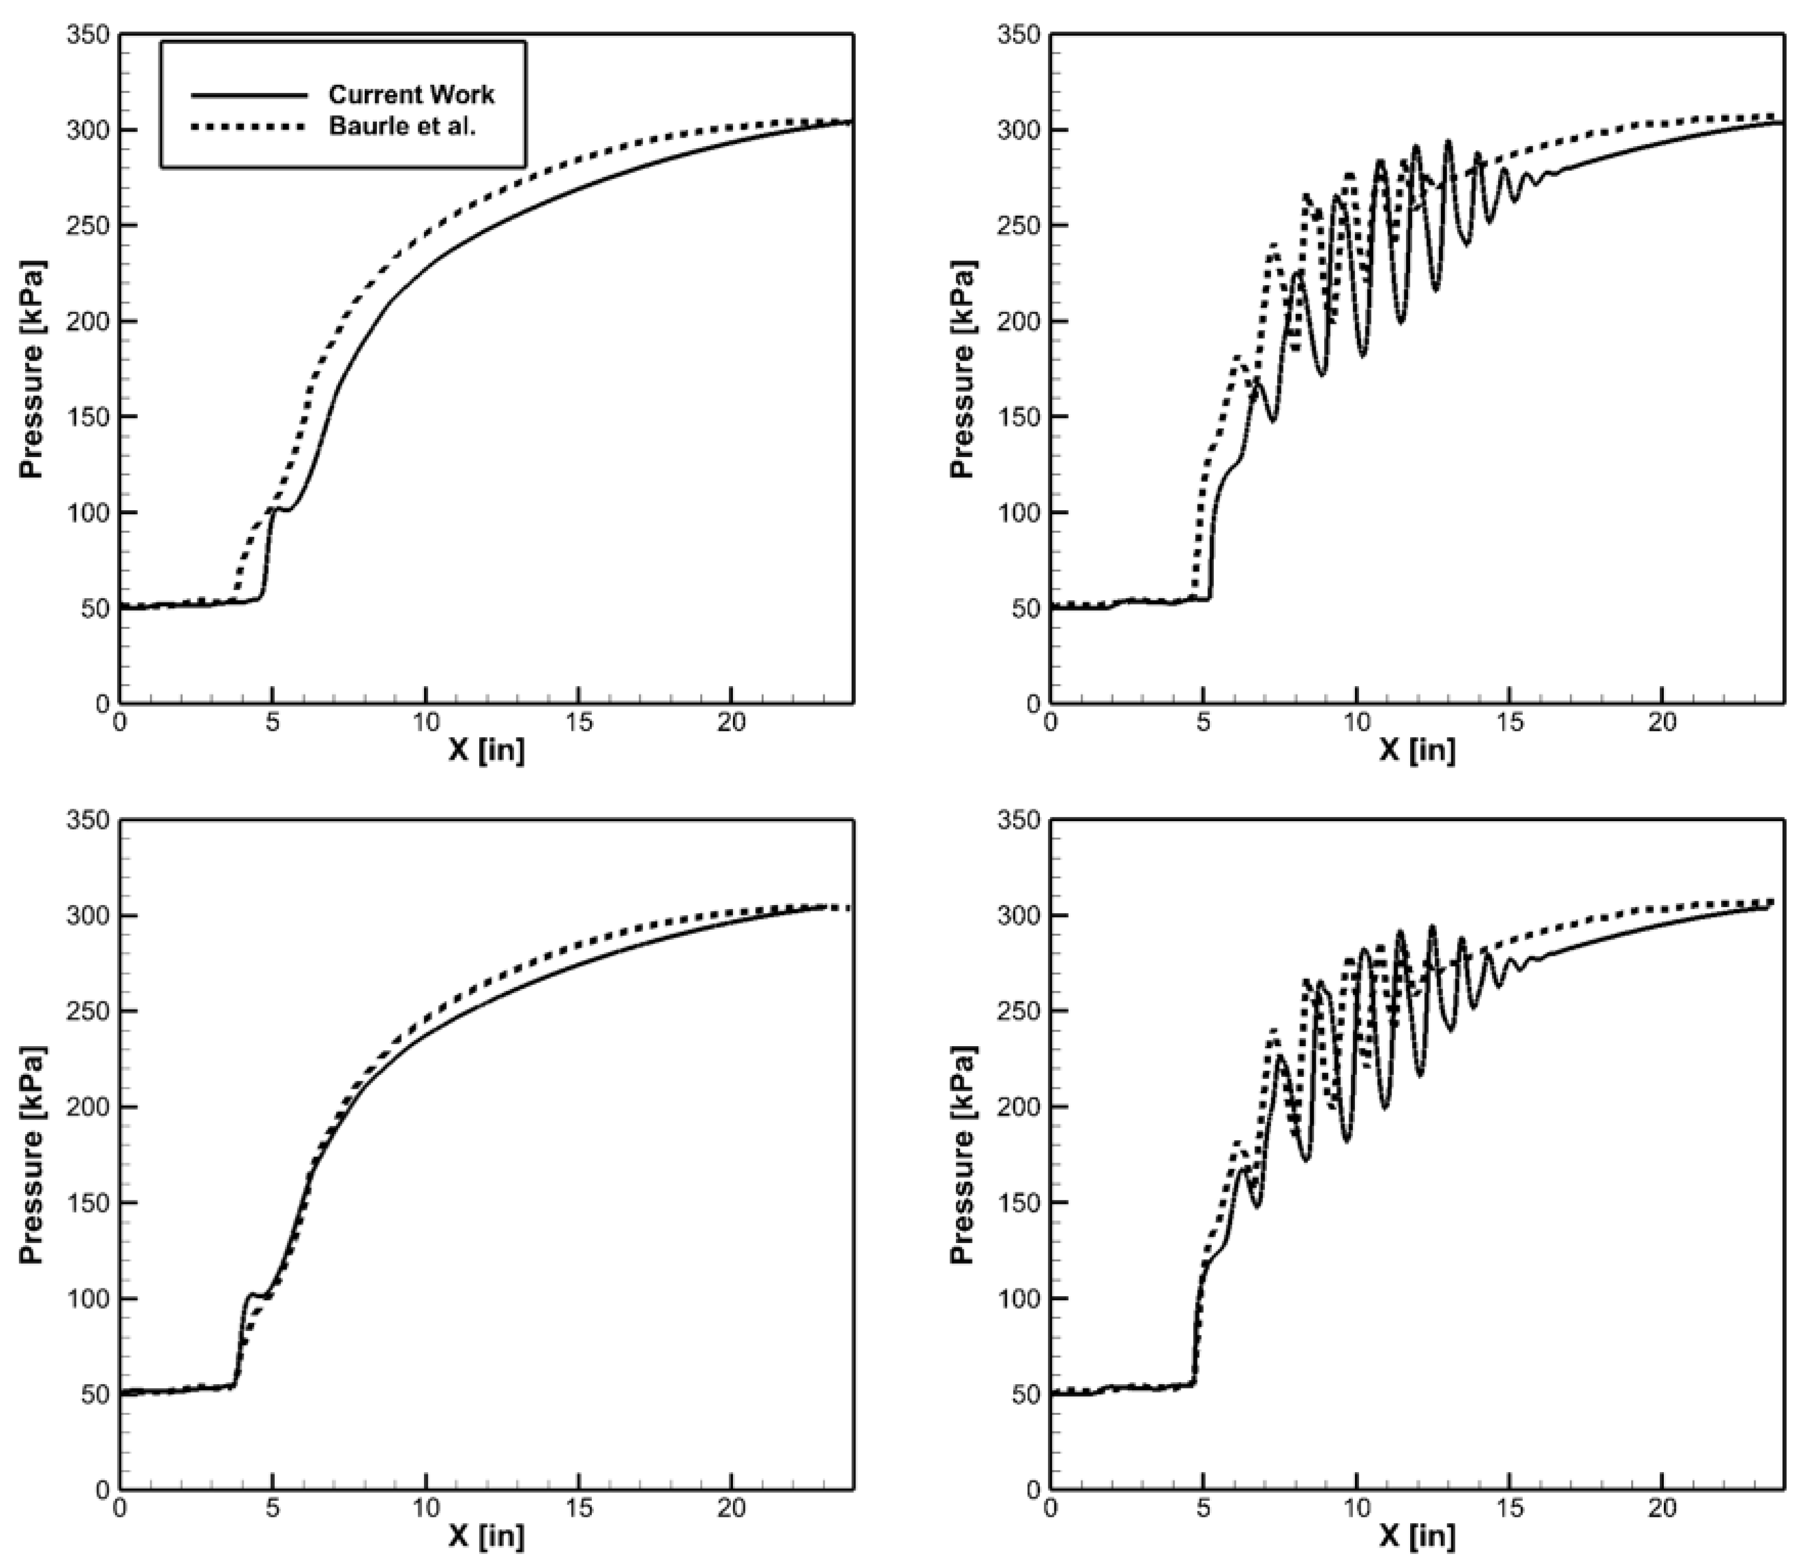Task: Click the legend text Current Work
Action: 411,94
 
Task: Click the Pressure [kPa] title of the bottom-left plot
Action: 32,1154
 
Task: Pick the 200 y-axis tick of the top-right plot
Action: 1019,321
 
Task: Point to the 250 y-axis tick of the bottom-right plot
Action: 1019,1011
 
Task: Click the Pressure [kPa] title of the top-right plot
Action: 963,368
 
